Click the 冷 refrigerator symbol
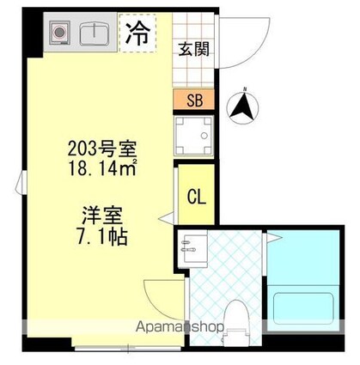pyautogui.click(x=137, y=33)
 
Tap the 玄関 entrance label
pyautogui.click(x=190, y=49)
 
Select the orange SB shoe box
pyautogui.click(x=195, y=100)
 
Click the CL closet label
pyautogui.click(x=196, y=196)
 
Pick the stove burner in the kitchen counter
pyautogui.click(x=61, y=34)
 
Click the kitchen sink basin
pyautogui.click(x=90, y=34)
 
